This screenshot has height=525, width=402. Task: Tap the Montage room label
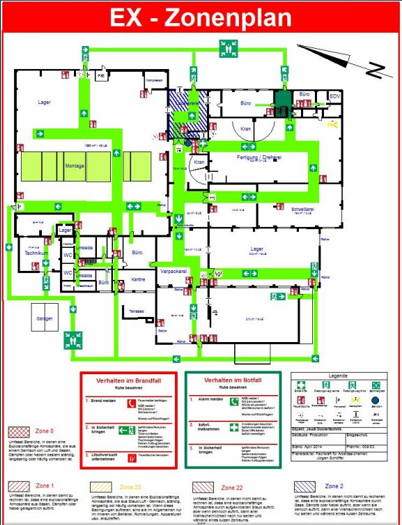(x=75, y=165)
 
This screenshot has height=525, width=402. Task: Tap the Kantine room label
(x=138, y=279)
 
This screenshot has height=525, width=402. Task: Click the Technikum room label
(x=35, y=253)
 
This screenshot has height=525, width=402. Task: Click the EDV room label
(x=335, y=96)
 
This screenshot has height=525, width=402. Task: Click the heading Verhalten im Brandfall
(x=130, y=380)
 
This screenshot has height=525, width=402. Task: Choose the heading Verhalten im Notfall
(x=233, y=380)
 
